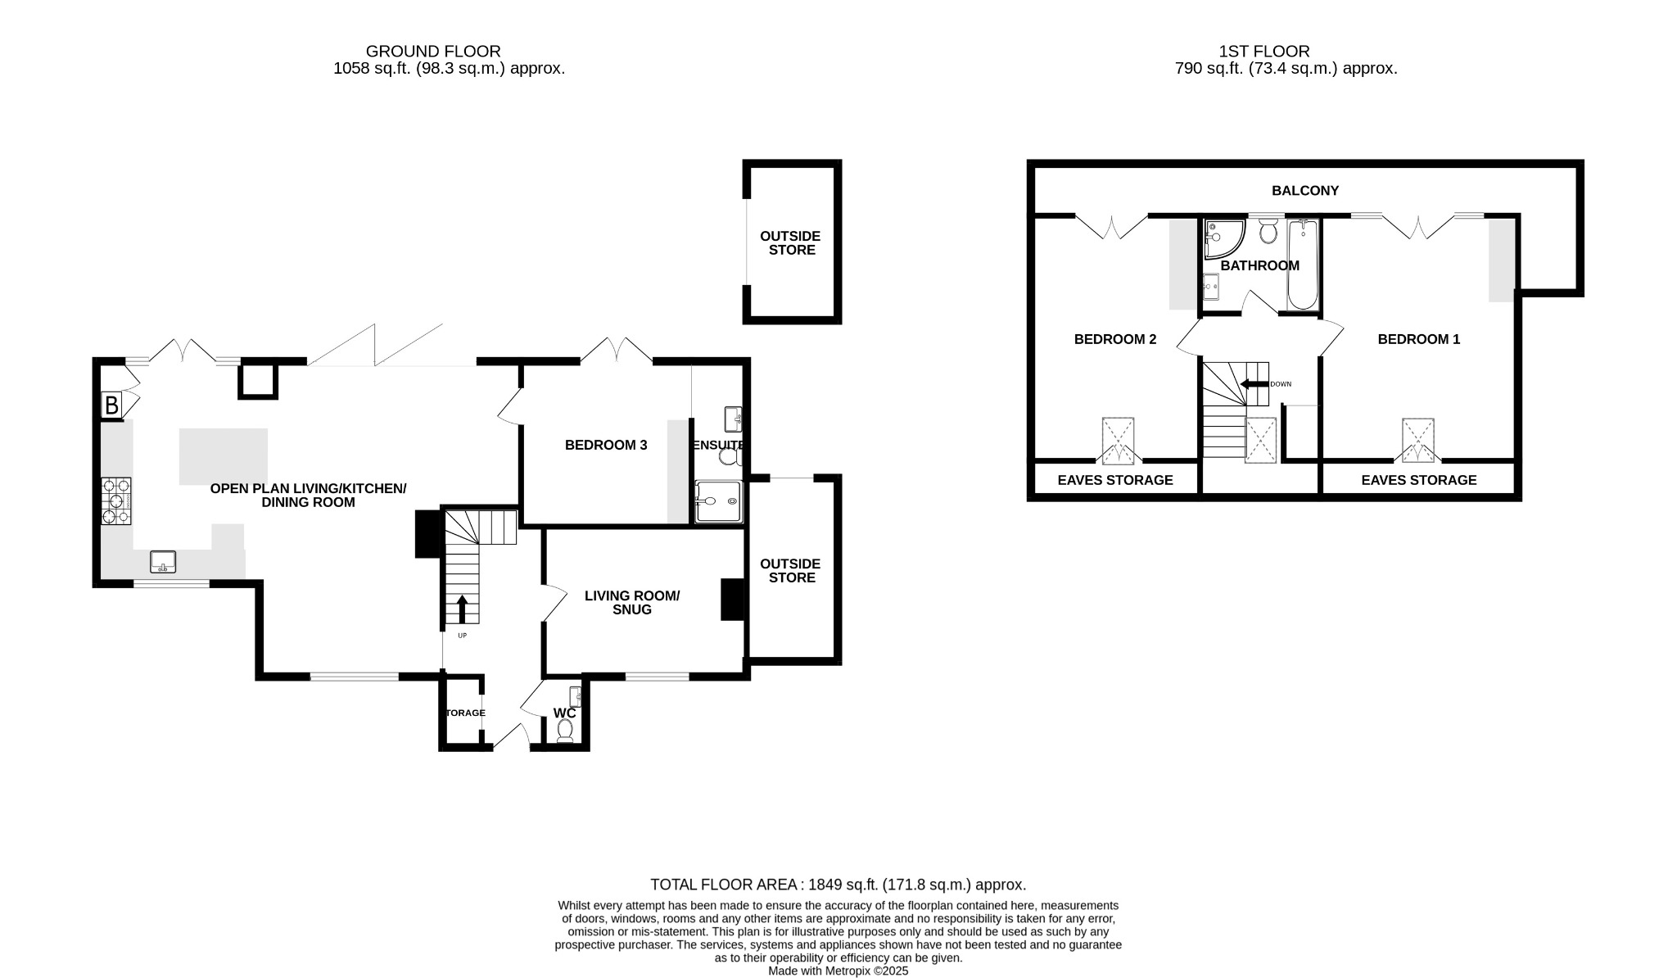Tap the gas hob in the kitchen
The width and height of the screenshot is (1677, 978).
(116, 501)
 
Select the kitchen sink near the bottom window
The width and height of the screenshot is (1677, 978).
(163, 561)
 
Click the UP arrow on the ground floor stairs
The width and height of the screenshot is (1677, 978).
(462, 610)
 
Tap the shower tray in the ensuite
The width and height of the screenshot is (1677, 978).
(717, 501)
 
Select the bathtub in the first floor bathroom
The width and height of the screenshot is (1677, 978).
(1302, 264)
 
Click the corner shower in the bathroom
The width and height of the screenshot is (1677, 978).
(1223, 238)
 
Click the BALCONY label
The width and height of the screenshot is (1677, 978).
(1304, 191)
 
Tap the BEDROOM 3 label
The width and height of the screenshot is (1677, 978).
(606, 445)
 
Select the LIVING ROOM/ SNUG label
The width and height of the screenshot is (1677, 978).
(631, 603)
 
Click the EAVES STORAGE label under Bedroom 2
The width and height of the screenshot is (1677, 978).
(1114, 480)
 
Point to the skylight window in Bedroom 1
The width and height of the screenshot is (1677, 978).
(1418, 440)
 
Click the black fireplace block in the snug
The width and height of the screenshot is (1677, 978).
(731, 600)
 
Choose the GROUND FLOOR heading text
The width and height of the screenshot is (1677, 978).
(432, 52)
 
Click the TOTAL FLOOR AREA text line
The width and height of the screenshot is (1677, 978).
(838, 885)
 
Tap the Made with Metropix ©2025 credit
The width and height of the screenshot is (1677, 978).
(838, 971)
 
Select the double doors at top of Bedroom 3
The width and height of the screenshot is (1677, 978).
(616, 350)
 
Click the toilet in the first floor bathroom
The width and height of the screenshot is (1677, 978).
(1268, 231)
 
